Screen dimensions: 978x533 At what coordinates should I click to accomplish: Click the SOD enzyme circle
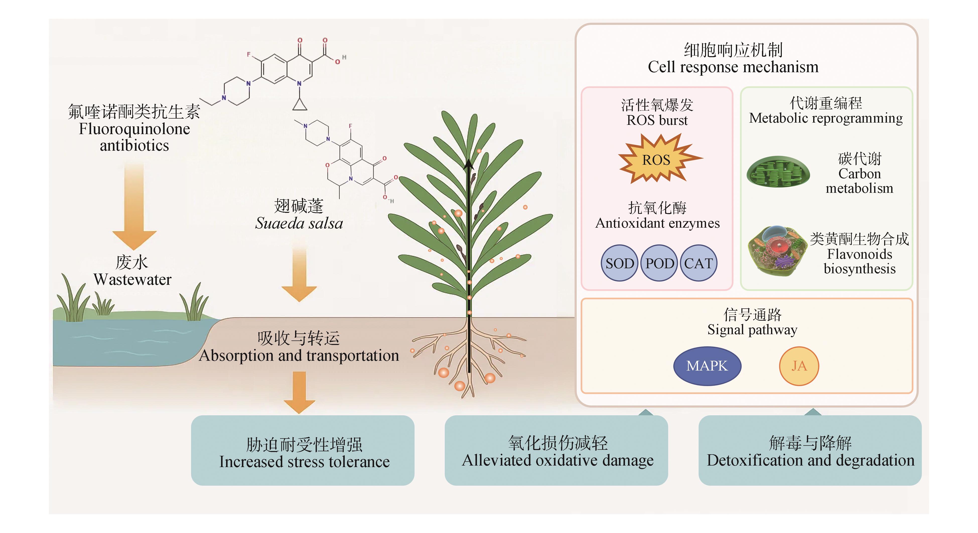point(619,263)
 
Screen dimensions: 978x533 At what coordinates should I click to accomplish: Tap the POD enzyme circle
point(659,263)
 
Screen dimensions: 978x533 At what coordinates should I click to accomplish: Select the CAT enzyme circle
point(698,263)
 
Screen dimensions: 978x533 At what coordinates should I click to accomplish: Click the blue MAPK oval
point(707,366)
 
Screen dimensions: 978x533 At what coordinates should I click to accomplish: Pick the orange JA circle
point(799,366)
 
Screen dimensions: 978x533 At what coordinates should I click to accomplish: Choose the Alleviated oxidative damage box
point(556,450)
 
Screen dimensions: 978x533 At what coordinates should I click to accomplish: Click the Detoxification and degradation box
point(810,450)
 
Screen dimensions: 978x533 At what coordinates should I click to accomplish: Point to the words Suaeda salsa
point(299,223)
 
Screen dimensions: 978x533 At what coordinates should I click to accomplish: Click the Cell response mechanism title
point(733,67)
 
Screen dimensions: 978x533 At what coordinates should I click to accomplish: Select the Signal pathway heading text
point(752,330)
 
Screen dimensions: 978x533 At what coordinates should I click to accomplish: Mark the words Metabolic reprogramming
point(826,118)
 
